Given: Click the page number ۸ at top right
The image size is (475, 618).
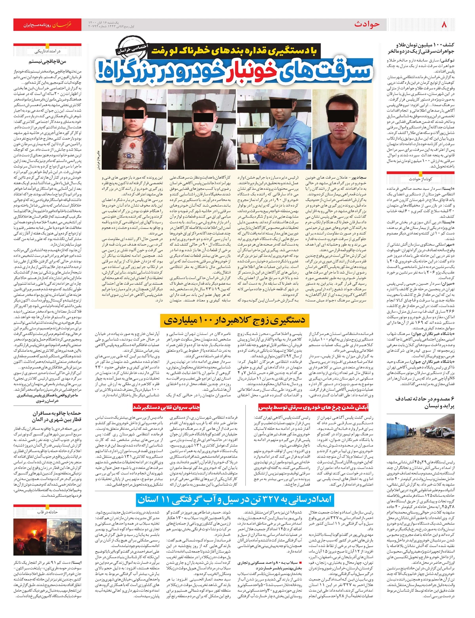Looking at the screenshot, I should (444, 25).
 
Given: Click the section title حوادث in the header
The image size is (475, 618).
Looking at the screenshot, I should (367, 25).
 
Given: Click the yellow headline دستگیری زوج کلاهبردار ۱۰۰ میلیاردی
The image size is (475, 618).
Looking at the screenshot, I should (234, 320).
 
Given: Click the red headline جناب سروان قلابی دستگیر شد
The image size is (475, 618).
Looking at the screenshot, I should (166, 407).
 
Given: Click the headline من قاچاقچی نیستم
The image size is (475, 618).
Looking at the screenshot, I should (48, 61).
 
